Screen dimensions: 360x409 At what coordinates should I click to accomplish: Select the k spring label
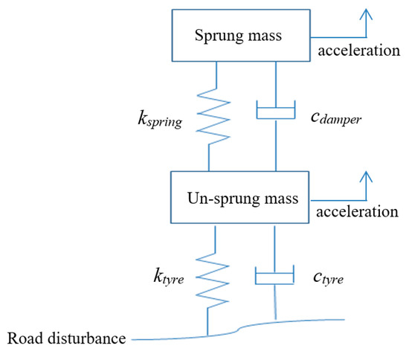(157, 118)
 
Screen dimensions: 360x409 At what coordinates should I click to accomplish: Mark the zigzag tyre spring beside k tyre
(216, 277)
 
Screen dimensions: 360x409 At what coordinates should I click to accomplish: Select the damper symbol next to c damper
(277, 112)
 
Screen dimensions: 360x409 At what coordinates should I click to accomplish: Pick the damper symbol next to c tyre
(276, 276)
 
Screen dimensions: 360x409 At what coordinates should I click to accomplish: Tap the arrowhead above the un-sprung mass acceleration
(364, 177)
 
